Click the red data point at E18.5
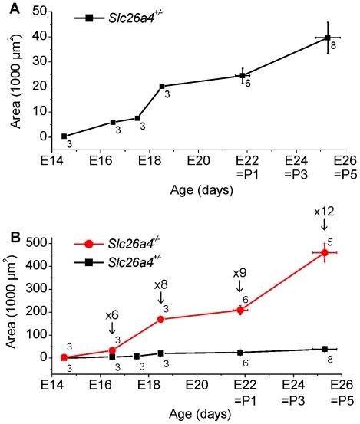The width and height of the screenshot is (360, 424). [161, 319]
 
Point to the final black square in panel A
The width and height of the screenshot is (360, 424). [328, 38]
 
